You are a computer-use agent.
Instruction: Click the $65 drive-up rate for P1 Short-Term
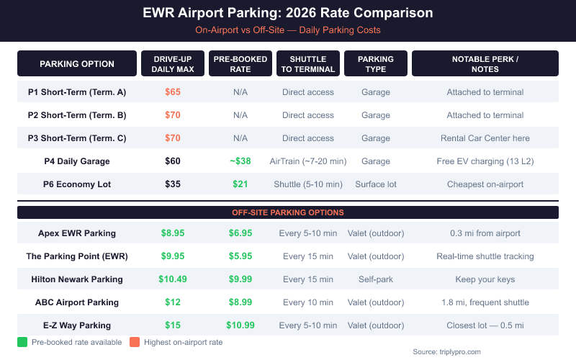[x=172, y=92]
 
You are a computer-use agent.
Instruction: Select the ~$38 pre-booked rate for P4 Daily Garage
[x=240, y=161]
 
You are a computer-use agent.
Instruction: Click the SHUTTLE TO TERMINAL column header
[x=307, y=64]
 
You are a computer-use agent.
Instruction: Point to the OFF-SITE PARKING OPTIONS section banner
[x=287, y=212]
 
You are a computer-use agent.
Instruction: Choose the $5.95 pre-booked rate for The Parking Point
[x=240, y=256]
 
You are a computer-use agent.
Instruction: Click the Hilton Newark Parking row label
[x=76, y=279]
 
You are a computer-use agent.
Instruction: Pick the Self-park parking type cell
[x=376, y=279]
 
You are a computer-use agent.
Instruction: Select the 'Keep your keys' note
[x=485, y=279]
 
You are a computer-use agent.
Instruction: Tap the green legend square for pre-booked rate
[x=22, y=342]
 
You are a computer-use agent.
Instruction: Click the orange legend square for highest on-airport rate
[x=135, y=342]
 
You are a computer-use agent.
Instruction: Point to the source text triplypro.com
[x=446, y=352]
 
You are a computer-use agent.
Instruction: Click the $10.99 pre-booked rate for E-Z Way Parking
[x=240, y=325]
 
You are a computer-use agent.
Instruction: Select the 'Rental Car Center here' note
[x=485, y=138]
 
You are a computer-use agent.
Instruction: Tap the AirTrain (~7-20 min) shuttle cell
[x=307, y=161]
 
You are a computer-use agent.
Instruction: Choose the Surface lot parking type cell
[x=376, y=184]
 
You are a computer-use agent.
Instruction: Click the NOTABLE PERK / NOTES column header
[x=485, y=64]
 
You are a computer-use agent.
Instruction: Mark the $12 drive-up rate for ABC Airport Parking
[x=172, y=302]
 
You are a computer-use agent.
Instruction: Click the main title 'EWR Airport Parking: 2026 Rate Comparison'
[x=287, y=14]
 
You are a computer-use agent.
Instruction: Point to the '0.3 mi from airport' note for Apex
[x=485, y=233]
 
